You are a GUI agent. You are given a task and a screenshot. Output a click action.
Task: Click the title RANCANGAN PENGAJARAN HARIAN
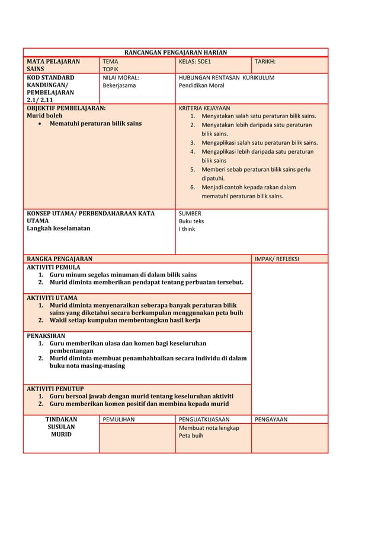175,53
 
